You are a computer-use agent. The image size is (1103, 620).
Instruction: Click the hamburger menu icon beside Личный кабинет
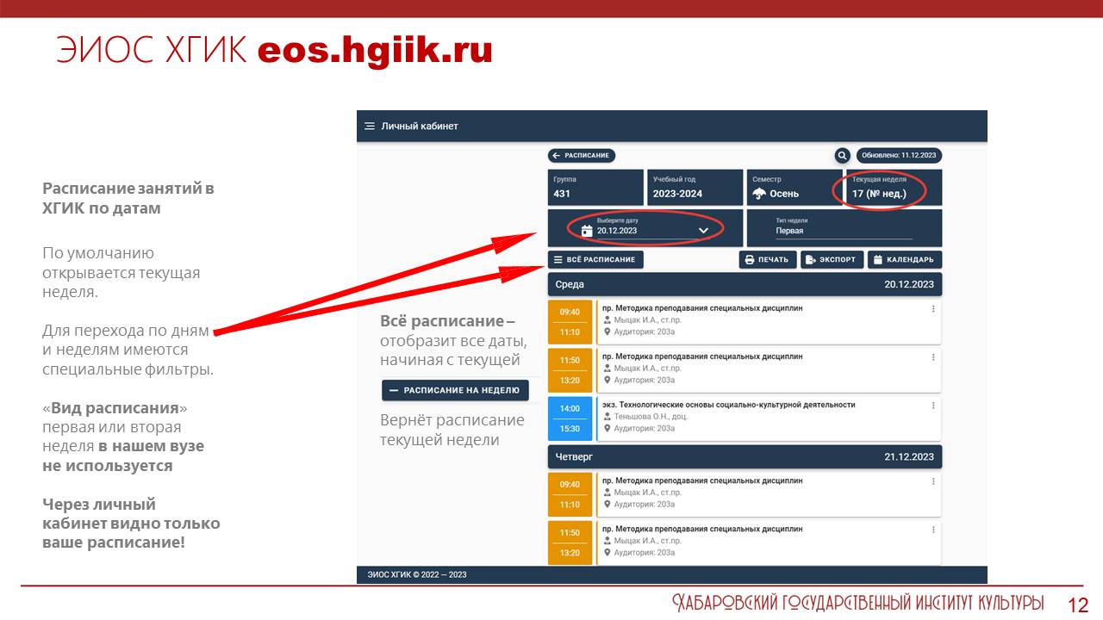tap(370, 127)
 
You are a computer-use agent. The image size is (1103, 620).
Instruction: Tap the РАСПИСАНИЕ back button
tap(581, 156)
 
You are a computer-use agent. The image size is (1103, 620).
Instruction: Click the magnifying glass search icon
tap(842, 156)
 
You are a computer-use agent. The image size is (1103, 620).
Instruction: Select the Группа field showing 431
tap(595, 187)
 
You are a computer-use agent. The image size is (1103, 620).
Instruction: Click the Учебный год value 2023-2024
tap(677, 194)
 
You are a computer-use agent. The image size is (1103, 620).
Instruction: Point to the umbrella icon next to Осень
tap(759, 194)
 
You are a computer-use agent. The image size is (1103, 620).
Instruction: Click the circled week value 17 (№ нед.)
tap(879, 194)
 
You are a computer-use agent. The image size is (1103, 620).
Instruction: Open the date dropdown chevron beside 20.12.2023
tap(703, 230)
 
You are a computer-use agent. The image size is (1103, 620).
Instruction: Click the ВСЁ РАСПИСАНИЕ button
tap(595, 259)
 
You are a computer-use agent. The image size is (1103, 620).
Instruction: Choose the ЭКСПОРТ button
tap(832, 259)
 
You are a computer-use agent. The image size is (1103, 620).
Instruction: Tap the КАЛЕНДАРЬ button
tap(905, 259)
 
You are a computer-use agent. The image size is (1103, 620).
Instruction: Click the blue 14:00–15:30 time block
tap(570, 418)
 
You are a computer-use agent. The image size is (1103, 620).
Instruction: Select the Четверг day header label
tap(574, 456)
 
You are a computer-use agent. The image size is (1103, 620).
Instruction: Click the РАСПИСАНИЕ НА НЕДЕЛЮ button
tap(455, 390)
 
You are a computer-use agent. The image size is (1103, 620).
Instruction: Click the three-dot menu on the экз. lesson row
tap(933, 406)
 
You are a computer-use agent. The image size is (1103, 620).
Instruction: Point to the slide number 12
tap(1077, 604)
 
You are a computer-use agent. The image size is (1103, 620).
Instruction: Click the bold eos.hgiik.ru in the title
tap(375, 51)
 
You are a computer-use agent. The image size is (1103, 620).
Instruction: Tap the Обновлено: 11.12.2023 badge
tap(899, 156)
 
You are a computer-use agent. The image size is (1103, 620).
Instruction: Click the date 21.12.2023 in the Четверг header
tap(908, 456)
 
